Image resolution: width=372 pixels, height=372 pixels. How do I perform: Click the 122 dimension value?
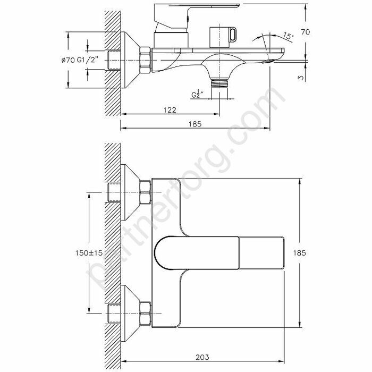pyautogui.click(x=170, y=109)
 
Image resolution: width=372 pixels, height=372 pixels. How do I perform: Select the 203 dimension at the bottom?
pyautogui.click(x=201, y=357)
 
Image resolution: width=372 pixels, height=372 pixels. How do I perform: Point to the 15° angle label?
pyautogui.click(x=288, y=37)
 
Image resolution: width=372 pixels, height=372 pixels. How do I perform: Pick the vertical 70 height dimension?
pyautogui.click(x=305, y=32)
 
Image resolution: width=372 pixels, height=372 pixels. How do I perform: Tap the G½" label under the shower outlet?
pyautogui.click(x=200, y=95)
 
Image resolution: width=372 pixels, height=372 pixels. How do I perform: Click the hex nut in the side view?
pyautogui.click(x=145, y=60)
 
